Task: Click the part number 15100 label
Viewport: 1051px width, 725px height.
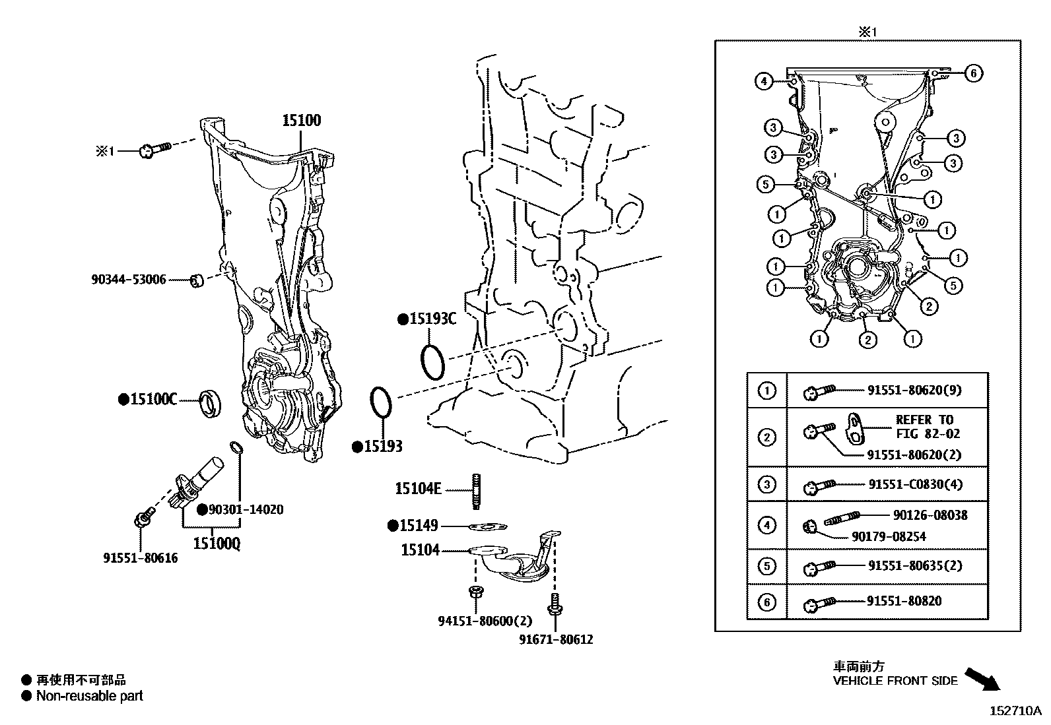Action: pyautogui.click(x=302, y=120)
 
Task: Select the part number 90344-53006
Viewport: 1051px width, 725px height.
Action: pyautogui.click(x=129, y=280)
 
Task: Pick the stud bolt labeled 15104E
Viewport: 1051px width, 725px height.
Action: pyautogui.click(x=476, y=491)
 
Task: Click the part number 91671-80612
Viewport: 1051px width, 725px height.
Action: pyautogui.click(x=556, y=639)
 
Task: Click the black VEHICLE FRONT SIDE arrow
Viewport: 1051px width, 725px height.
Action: pyautogui.click(x=982, y=679)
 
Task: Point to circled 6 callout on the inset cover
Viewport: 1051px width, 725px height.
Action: pyautogui.click(x=973, y=73)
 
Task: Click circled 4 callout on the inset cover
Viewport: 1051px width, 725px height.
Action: pyautogui.click(x=764, y=82)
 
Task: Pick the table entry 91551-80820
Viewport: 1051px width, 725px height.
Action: pyautogui.click(x=904, y=601)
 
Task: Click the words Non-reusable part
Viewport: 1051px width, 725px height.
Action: pyautogui.click(x=90, y=695)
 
